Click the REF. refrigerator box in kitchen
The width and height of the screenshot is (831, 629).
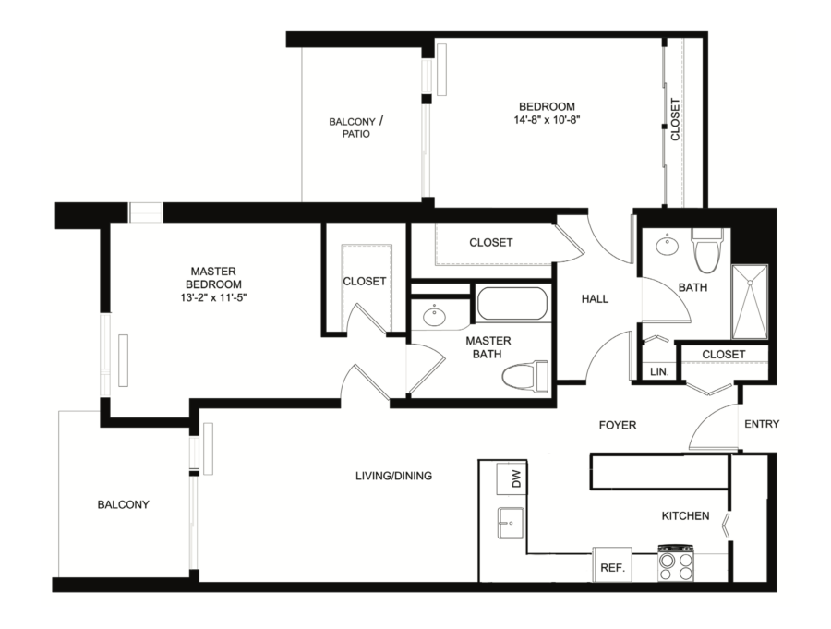[612, 564]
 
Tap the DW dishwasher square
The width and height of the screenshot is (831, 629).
[512, 479]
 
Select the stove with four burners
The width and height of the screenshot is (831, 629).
[676, 562]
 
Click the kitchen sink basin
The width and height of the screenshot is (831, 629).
[511, 523]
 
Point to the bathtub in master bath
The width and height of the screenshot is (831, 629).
[512, 303]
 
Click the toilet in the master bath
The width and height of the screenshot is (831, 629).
[525, 376]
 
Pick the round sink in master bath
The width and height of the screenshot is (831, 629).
[435, 317]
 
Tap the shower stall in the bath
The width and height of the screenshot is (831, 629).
[750, 301]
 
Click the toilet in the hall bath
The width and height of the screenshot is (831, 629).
[707, 251]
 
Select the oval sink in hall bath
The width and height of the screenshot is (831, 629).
[666, 245]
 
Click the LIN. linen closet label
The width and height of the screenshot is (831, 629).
[659, 372]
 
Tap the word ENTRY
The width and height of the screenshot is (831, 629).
[762, 424]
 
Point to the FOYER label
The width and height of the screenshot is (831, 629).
[618, 425]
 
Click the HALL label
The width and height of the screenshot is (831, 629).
[595, 299]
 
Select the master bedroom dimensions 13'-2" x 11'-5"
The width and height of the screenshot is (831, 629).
[213, 297]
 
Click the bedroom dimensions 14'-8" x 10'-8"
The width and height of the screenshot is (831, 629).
[547, 119]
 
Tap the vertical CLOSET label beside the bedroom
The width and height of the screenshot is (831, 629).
[675, 119]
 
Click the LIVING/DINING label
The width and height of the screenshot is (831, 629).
[393, 476]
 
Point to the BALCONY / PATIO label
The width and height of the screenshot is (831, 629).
[356, 127]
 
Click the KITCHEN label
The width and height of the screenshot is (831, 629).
[685, 515]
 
